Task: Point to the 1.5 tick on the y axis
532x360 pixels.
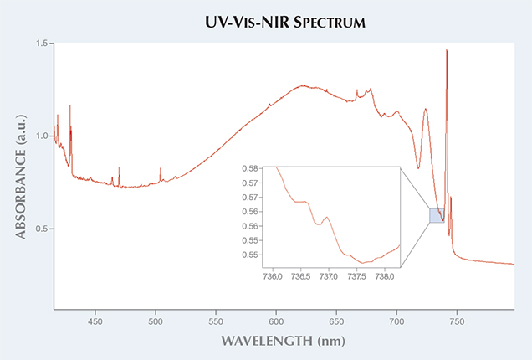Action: tap(40, 43)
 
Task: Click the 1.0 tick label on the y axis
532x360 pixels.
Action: tap(40, 136)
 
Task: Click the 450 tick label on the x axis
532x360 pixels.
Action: tap(95, 321)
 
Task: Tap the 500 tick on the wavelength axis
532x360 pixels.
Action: tap(156, 321)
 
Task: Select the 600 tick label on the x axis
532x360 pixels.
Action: tap(276, 321)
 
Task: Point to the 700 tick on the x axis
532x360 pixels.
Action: tap(396, 321)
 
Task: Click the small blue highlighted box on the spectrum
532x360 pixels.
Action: tap(437, 215)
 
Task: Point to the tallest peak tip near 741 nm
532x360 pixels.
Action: tap(447, 50)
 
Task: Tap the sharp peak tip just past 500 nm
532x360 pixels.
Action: tap(160, 168)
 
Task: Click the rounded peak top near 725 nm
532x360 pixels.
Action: tap(426, 108)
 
